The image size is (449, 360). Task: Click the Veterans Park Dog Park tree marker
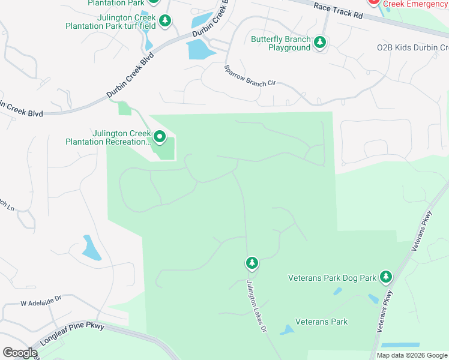pyautogui.click(x=386, y=277)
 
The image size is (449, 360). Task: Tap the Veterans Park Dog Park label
pyautogui.click(x=332, y=278)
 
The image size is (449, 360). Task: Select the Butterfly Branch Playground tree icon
pyautogui.click(x=321, y=42)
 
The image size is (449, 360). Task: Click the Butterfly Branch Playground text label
pyautogui.click(x=281, y=44)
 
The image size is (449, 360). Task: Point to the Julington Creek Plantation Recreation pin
pyautogui.click(x=160, y=137)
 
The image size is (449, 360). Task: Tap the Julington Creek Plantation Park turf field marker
pyautogui.click(x=166, y=21)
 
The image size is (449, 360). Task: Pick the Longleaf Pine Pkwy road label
pyautogui.click(x=73, y=335)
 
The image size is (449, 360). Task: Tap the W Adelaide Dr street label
pyautogui.click(x=41, y=298)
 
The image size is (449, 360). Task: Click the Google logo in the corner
pyautogui.click(x=20, y=353)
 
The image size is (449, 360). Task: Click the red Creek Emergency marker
pyautogui.click(x=373, y=2)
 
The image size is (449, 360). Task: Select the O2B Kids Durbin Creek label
pyautogui.click(x=412, y=47)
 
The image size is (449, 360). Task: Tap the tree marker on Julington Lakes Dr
pyautogui.click(x=252, y=263)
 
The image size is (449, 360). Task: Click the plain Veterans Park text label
pyautogui.click(x=322, y=322)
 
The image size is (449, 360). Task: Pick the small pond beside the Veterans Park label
pyautogui.click(x=287, y=330)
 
